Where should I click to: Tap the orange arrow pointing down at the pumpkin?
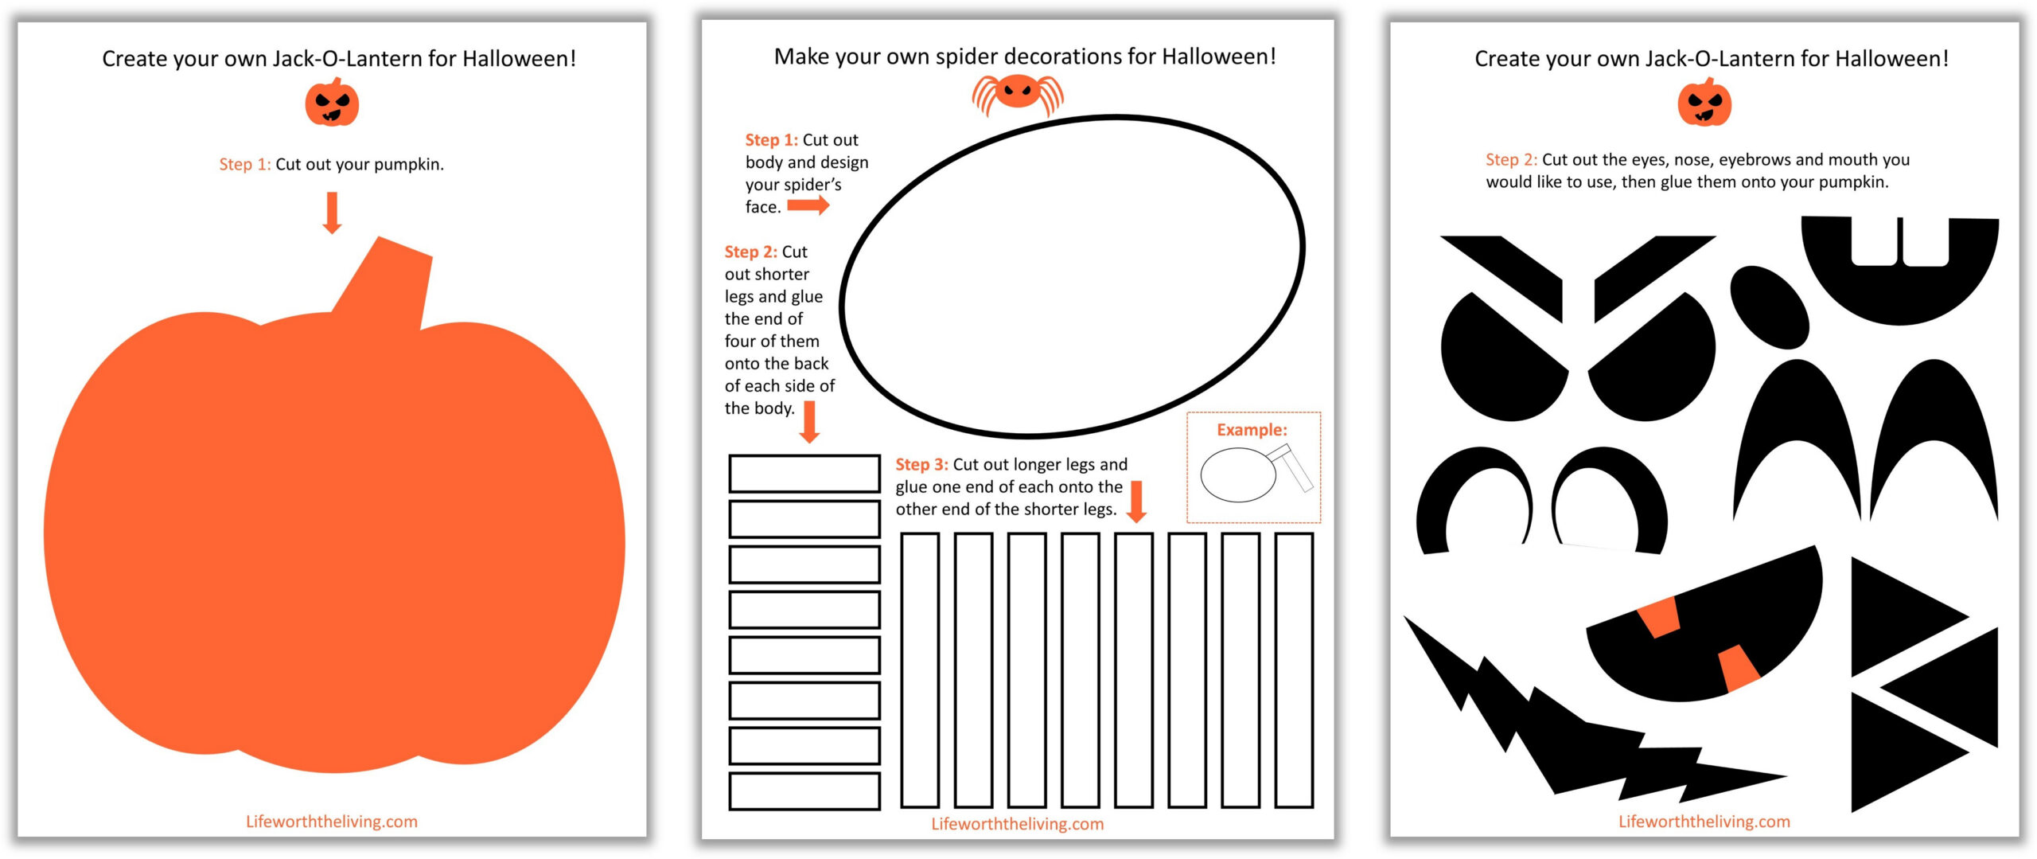(333, 213)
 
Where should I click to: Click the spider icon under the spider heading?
(1017, 93)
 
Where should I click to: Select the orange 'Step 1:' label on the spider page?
(771, 140)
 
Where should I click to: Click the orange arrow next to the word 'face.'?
(808, 206)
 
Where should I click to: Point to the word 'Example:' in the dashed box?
(1252, 430)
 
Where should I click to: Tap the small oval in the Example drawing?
(1237, 475)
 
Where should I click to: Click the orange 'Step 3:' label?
(921, 464)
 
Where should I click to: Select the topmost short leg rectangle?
(804, 473)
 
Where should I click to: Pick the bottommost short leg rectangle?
(804, 791)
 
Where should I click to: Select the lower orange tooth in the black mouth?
(1739, 667)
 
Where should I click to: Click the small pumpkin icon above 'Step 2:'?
(1704, 103)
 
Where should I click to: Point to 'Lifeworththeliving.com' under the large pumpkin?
(332, 822)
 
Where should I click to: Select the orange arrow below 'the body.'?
(809, 422)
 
